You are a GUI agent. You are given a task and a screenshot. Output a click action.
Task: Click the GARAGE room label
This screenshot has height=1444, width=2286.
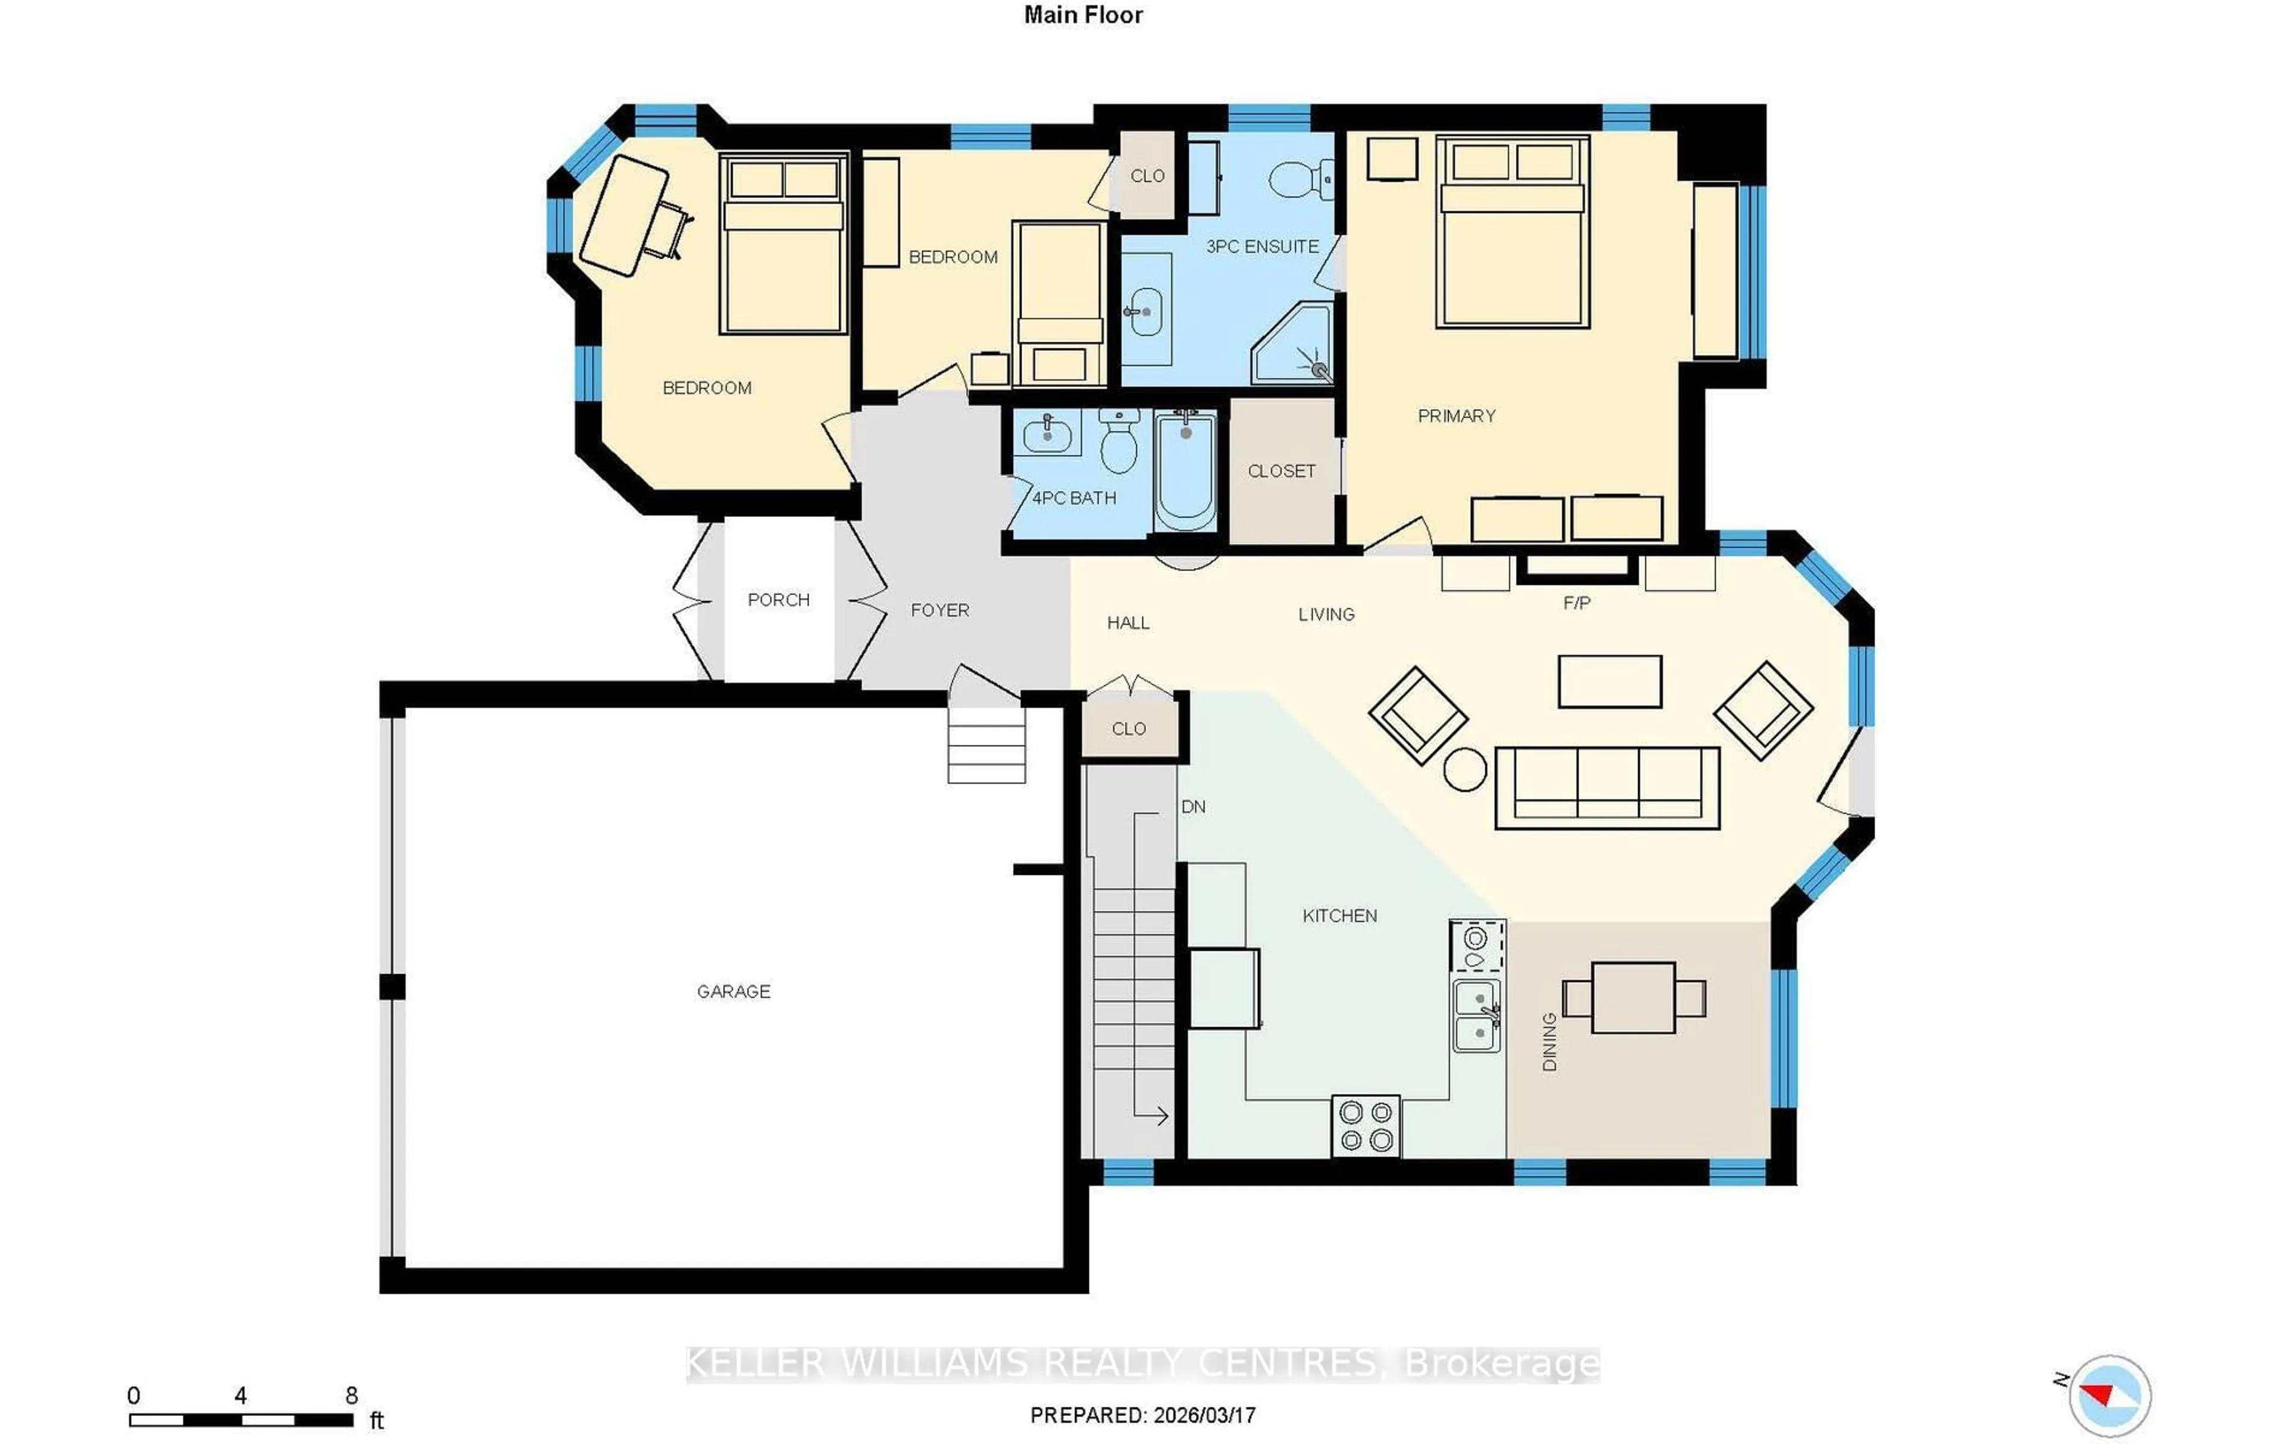[x=733, y=991]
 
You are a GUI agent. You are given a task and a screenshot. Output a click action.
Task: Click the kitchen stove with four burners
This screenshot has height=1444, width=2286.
[x=1365, y=1126]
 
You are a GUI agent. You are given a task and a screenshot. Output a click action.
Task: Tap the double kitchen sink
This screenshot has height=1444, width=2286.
[x=1476, y=1016]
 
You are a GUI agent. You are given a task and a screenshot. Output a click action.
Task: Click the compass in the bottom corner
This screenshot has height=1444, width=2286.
[x=2109, y=1396]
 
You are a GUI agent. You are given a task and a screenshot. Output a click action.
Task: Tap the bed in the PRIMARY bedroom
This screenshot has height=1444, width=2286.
[x=1511, y=233]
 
